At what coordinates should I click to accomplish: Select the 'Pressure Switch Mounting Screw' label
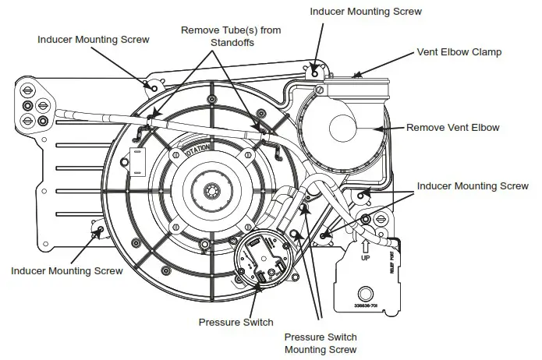coord(320,344)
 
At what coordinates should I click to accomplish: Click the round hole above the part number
coord(365,295)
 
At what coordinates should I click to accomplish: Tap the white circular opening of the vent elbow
coord(347,126)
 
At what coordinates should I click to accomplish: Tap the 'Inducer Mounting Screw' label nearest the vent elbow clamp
coord(366,12)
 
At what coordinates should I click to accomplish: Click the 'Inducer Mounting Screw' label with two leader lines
coord(473,186)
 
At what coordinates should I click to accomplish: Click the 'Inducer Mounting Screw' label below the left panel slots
coord(67,271)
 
